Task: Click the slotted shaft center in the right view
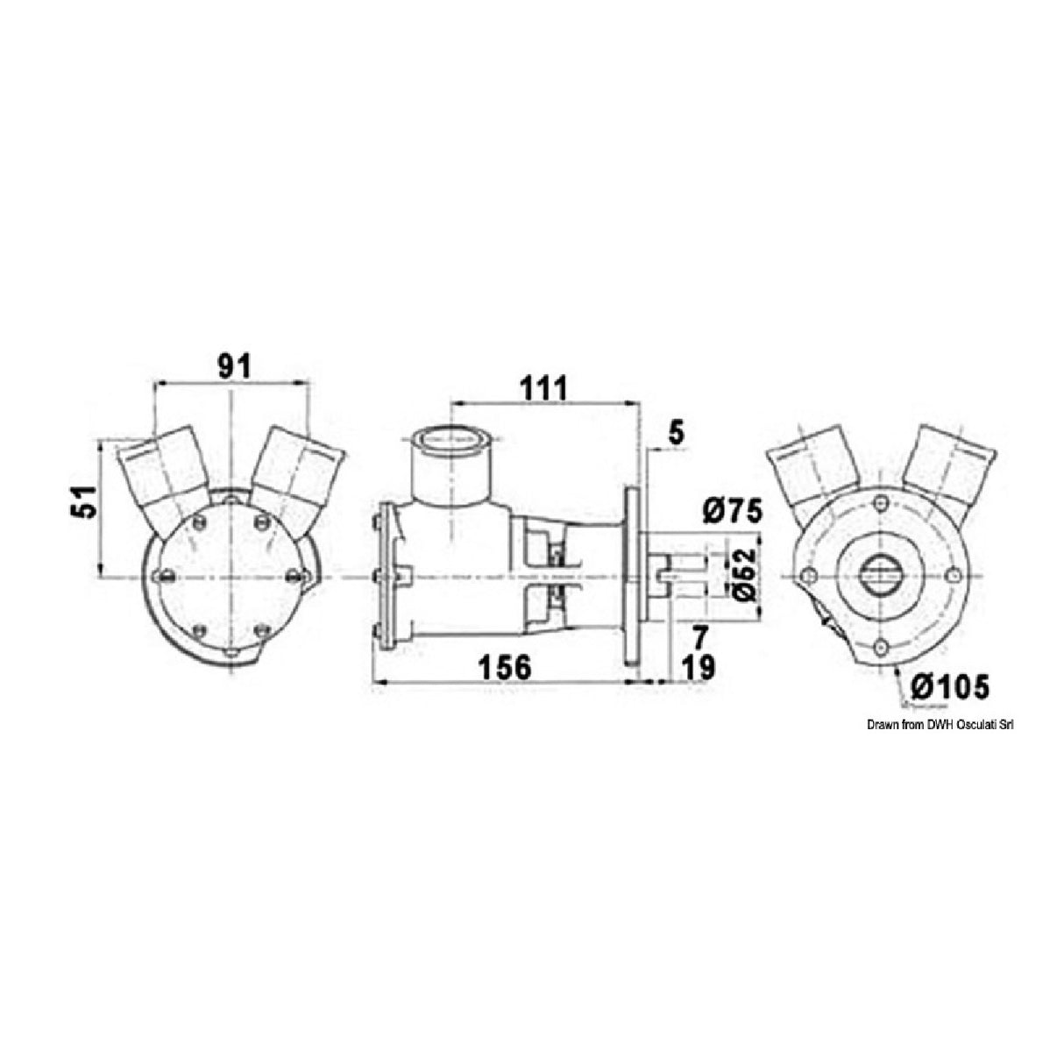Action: (879, 576)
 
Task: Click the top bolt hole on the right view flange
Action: (879, 504)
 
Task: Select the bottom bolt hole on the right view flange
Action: (879, 648)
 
